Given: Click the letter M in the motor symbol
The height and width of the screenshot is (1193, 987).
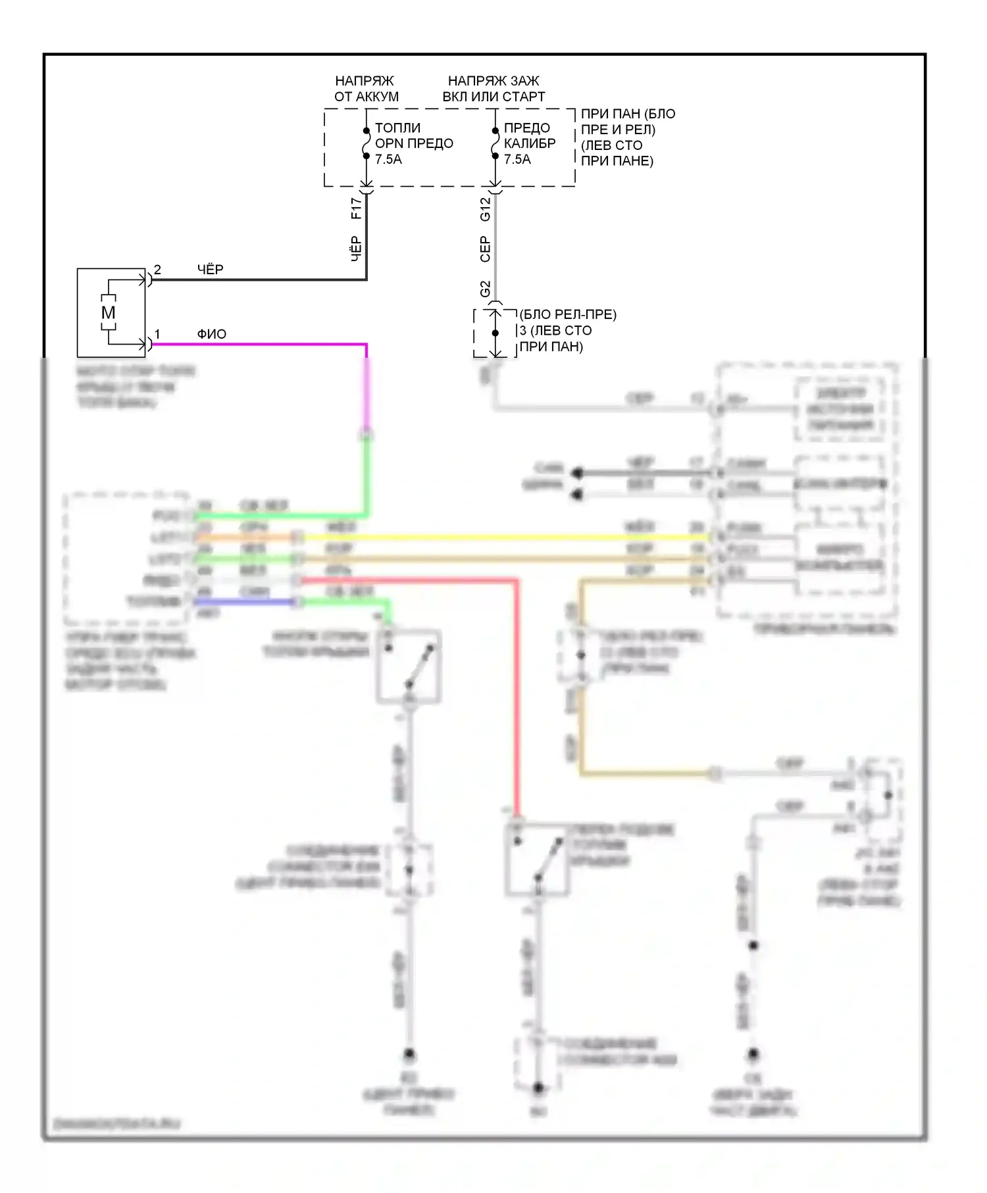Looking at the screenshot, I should coord(108,313).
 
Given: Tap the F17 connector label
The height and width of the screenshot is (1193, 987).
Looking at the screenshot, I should coord(356,208).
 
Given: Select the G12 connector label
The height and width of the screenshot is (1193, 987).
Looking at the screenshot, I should coord(485,209).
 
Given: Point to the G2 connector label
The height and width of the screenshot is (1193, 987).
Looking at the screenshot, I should coord(485,289).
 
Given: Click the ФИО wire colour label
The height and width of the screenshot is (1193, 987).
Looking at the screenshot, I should coord(212,334).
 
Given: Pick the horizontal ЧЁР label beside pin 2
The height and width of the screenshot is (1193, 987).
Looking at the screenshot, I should coord(211,270).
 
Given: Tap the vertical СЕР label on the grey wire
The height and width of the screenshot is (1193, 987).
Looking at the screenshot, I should coord(485,249).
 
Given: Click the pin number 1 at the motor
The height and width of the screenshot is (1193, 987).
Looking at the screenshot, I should coord(157,334).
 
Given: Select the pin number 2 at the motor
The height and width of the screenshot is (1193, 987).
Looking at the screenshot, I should coord(157,270).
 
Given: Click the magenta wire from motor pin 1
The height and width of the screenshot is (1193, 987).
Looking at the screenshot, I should coord(263,344).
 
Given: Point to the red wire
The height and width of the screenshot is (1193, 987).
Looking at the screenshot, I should coord(517,691).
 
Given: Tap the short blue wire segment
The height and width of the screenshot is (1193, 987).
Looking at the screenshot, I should coord(243,602).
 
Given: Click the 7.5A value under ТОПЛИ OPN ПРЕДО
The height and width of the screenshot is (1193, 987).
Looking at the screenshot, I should coord(388,159).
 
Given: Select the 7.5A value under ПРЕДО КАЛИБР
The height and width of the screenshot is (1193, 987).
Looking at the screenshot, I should coord(517,159).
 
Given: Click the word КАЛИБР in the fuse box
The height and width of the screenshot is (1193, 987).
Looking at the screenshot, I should coord(530,143).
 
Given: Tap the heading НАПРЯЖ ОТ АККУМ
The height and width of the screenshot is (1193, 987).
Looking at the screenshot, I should coord(366,89).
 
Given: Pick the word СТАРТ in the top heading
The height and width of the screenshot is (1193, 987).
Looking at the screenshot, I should coord(524,97).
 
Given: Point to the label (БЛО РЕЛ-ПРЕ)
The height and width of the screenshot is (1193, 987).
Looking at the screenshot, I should coord(568,314).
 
